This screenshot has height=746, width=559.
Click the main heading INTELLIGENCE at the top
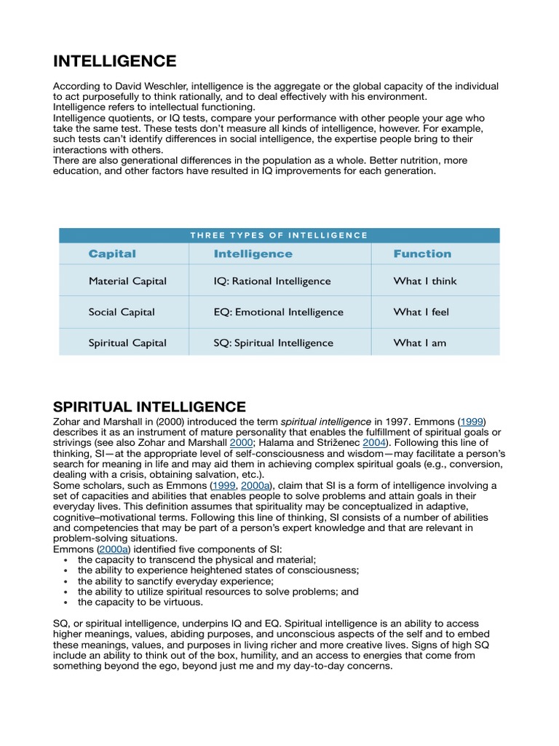[x=114, y=60]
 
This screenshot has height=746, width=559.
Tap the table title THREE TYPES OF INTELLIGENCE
[x=279, y=235]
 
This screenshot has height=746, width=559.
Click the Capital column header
[x=112, y=254]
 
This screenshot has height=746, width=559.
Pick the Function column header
[x=422, y=254]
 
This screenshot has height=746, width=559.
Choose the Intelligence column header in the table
[x=253, y=254]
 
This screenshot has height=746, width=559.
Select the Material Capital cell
[x=127, y=281]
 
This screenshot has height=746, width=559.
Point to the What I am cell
[x=420, y=343]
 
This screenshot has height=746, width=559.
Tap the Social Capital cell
[x=122, y=312]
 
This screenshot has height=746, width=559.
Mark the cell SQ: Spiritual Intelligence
[x=273, y=343]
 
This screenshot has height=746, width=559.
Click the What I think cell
[x=425, y=281]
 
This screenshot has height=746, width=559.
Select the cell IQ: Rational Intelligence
[x=271, y=281]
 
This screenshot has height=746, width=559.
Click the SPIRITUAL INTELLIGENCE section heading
[x=149, y=407]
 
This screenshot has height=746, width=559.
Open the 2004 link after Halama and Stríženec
[x=374, y=442]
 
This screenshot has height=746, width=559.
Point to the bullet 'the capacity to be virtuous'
[x=140, y=602]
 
